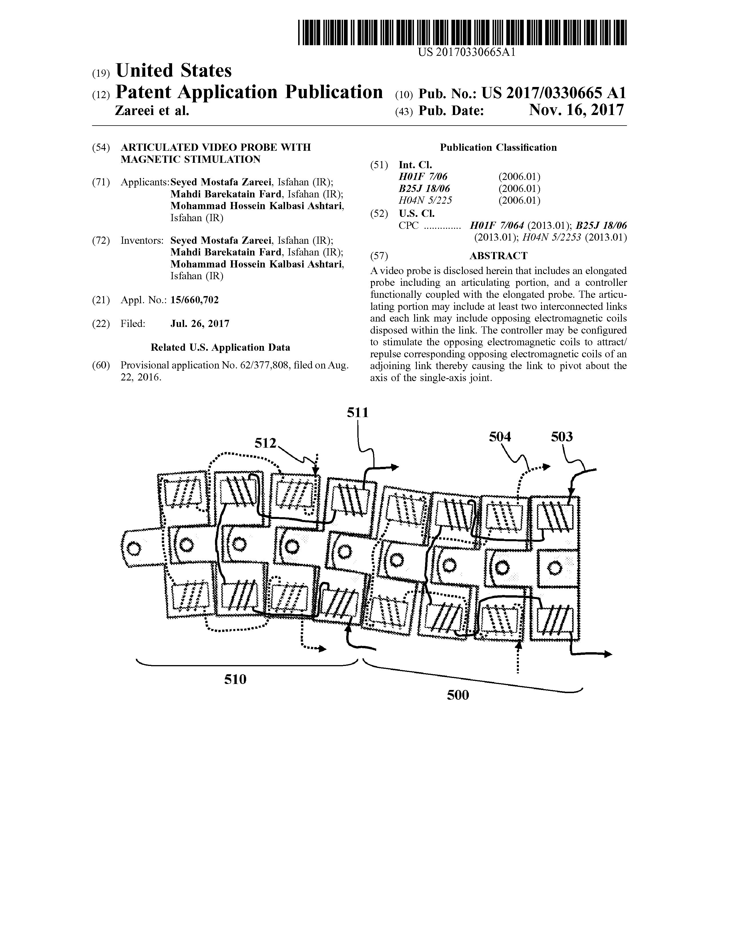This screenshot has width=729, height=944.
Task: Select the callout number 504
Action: click(500, 437)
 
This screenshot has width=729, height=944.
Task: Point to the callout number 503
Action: click(562, 437)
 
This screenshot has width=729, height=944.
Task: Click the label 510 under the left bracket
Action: click(235, 679)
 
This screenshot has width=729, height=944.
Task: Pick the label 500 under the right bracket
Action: click(458, 695)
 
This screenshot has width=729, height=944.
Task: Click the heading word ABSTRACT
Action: click(498, 256)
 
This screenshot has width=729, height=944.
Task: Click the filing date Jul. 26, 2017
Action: click(200, 324)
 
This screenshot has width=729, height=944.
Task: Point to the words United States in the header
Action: click(174, 70)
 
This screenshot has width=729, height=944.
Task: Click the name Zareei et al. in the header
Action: click(152, 111)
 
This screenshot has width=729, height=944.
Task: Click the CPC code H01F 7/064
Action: click(497, 226)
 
